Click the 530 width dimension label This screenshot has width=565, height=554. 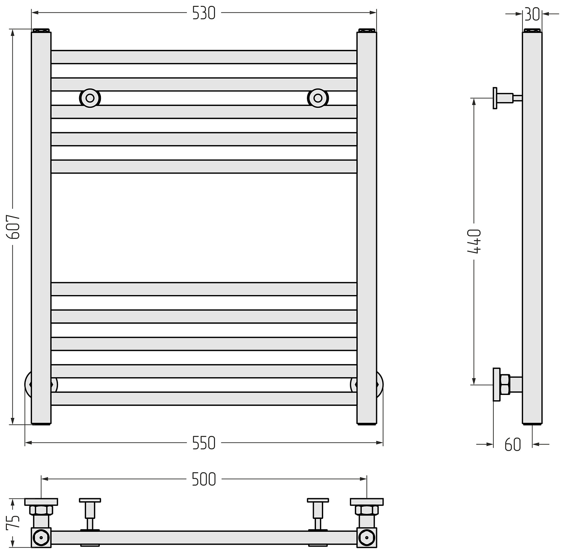pos(204,13)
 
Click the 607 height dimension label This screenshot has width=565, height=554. pos(15,226)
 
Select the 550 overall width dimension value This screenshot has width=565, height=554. pos(204,443)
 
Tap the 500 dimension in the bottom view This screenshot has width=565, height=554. pos(204,479)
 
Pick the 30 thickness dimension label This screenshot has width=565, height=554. pos(532,14)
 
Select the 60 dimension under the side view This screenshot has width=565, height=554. pos(513,445)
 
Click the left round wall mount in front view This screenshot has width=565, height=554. pos(90,98)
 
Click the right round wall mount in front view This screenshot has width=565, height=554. pos(318,98)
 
